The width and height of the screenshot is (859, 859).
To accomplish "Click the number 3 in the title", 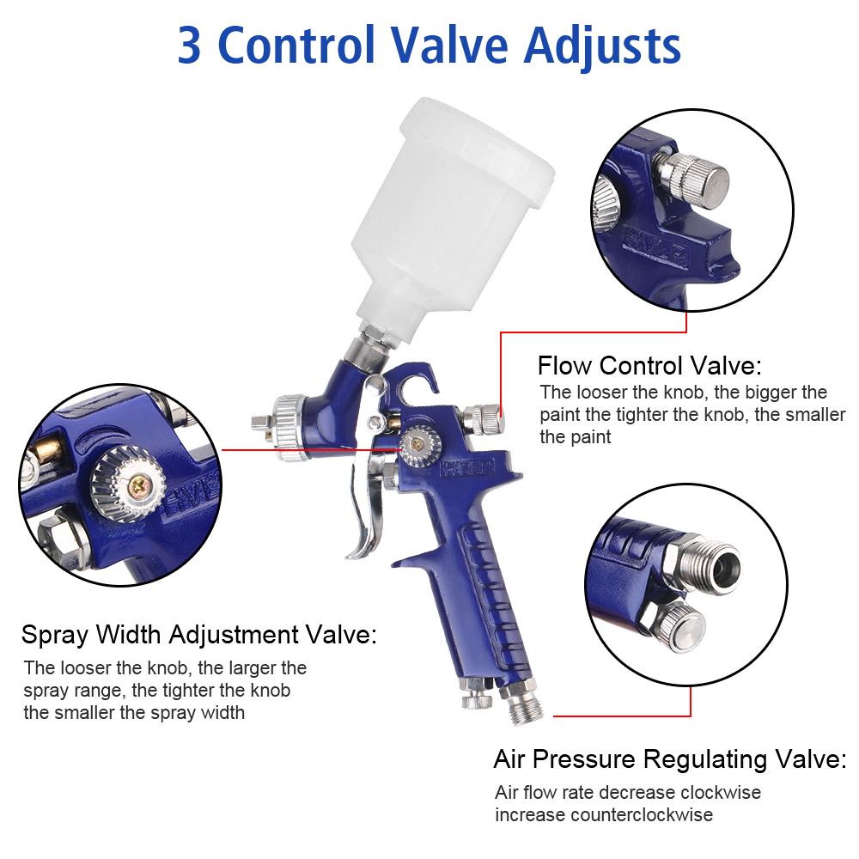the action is point(189,45).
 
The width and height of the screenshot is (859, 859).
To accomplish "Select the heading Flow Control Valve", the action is point(649,365).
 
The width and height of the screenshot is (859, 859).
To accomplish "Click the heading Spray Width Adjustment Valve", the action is point(199,635).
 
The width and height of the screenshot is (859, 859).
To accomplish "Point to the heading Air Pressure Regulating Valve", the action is point(670,759).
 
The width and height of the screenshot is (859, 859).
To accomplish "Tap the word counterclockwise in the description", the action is point(642,814).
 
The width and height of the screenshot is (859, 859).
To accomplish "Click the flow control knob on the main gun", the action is point(483,419).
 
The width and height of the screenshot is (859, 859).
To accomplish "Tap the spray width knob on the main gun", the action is point(418,446).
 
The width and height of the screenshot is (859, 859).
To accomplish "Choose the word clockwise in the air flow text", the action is point(721,792).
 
